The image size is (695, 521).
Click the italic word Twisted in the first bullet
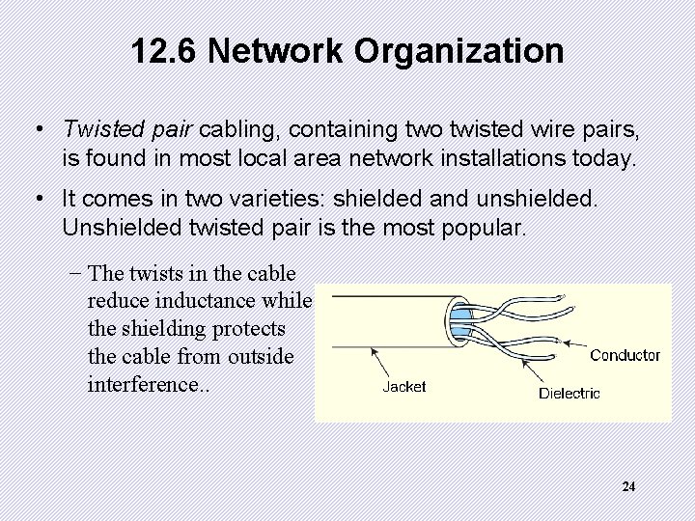(x=97, y=129)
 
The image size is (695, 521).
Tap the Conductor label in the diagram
(x=625, y=355)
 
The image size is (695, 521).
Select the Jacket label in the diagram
(x=404, y=387)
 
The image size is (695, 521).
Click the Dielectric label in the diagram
(x=569, y=394)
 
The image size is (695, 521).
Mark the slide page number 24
(x=628, y=487)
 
